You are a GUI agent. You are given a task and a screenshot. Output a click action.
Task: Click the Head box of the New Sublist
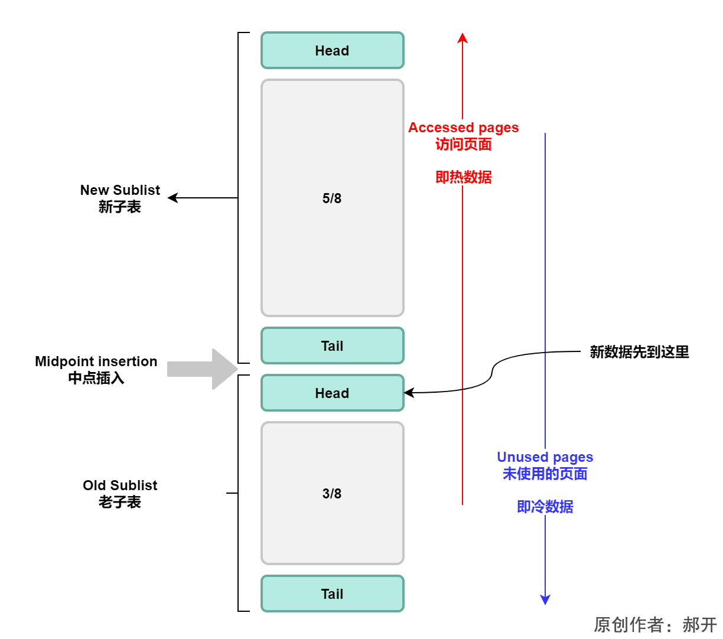[x=332, y=51]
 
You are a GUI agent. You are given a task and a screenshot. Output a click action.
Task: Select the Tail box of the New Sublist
[x=332, y=346]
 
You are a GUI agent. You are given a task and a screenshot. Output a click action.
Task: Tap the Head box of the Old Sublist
[x=332, y=393]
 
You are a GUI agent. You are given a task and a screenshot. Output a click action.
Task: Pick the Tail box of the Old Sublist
[x=332, y=594]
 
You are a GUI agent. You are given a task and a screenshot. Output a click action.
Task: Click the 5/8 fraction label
[x=332, y=198]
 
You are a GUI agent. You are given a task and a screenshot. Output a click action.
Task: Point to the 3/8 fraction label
[x=332, y=494]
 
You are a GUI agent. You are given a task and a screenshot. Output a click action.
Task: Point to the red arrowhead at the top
[x=463, y=38]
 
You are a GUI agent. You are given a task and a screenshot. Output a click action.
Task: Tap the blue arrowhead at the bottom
[x=545, y=600]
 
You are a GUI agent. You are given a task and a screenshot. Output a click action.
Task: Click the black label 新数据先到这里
[x=639, y=352]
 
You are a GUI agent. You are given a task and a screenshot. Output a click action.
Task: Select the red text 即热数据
[x=463, y=177]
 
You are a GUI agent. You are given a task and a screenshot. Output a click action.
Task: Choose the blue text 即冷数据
[x=545, y=507]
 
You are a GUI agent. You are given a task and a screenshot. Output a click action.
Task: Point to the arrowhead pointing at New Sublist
[x=172, y=198]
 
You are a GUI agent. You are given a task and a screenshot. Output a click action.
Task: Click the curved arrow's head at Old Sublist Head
[x=409, y=393]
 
